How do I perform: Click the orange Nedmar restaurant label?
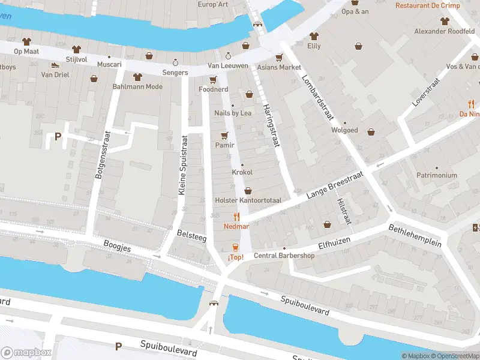[x=236, y=226]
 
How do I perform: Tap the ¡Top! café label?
[x=235, y=257]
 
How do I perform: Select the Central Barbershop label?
[x=284, y=256]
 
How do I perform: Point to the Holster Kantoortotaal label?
[x=248, y=200]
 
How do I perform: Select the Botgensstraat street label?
[x=98, y=157]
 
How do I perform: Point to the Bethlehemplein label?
[x=415, y=236]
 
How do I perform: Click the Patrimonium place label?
[x=437, y=175]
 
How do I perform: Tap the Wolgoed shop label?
[x=344, y=130]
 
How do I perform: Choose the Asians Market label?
[x=279, y=67]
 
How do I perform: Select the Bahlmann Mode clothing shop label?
[x=137, y=86]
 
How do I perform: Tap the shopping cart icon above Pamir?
[x=225, y=135]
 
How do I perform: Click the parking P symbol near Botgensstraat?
[x=58, y=136]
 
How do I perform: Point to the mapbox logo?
[x=26, y=353]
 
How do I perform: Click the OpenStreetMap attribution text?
[x=454, y=356]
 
